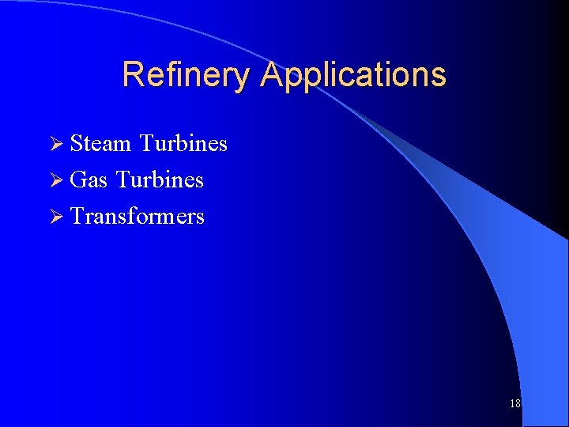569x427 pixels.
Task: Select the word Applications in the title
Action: (353, 75)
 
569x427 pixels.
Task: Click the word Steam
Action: (100, 143)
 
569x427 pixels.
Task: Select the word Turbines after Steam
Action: (183, 143)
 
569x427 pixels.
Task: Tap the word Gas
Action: (89, 179)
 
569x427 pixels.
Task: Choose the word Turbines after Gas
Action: (160, 179)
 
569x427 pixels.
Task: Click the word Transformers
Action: (138, 216)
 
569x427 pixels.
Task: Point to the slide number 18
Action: (515, 403)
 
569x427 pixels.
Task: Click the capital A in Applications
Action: (272, 75)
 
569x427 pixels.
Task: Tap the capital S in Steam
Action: (77, 143)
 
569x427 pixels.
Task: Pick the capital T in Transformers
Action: (77, 216)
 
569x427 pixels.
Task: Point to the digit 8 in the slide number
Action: (518, 403)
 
